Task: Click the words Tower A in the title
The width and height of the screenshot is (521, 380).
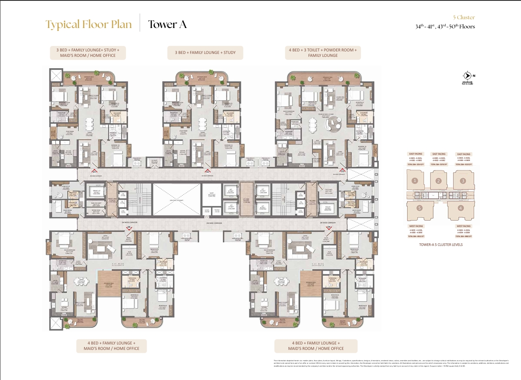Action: click(167, 25)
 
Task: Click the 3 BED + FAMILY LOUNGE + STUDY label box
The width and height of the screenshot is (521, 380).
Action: click(205, 53)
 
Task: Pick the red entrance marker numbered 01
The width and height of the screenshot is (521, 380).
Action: click(95, 171)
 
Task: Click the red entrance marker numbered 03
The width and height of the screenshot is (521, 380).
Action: click(342, 171)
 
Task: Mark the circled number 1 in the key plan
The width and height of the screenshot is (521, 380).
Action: click(415, 181)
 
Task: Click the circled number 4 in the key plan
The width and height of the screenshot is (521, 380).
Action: click(461, 208)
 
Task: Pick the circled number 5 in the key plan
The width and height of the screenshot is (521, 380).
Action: click(419, 208)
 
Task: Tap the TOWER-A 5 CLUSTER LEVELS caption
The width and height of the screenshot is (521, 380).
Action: click(441, 245)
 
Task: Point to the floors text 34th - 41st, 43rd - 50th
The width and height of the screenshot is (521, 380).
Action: click(445, 27)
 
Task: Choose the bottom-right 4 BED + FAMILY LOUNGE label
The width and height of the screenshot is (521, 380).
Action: click(316, 346)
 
